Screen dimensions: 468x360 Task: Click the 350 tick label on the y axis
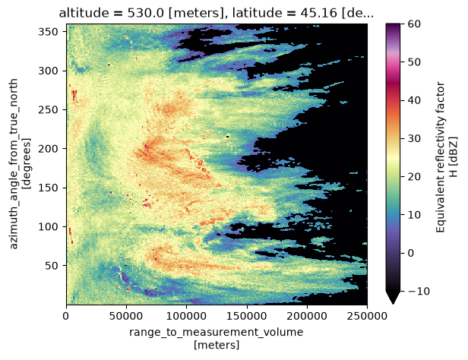pyautogui.click(x=48, y=32)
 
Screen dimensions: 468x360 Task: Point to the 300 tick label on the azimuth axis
pyautogui.click(x=48, y=71)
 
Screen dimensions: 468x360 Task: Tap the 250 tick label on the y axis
pyautogui.click(x=48, y=110)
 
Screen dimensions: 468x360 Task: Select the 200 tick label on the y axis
pyautogui.click(x=48, y=149)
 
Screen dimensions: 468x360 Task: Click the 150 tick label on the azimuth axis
pyautogui.click(x=48, y=188)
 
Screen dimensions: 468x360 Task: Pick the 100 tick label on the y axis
pyautogui.click(x=48, y=226)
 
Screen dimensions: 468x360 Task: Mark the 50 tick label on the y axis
pyautogui.click(x=52, y=266)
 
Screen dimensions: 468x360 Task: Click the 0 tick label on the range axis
pyautogui.click(x=66, y=315)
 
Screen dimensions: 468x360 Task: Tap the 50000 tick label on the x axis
pyautogui.click(x=127, y=315)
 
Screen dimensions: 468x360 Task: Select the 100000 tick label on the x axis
pyautogui.click(x=187, y=315)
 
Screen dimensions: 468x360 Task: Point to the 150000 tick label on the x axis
pyautogui.click(x=247, y=315)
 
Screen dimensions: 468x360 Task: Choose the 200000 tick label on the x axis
pyautogui.click(x=307, y=315)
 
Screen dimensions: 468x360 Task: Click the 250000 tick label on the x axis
pyautogui.click(x=367, y=315)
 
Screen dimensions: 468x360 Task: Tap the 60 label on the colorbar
pyautogui.click(x=414, y=24)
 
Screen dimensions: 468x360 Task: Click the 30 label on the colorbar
pyautogui.click(x=414, y=138)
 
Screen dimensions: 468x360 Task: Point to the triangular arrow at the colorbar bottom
pyautogui.click(x=393, y=298)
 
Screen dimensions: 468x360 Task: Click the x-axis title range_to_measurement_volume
pyautogui.click(x=216, y=332)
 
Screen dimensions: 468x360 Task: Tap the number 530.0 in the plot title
pyautogui.click(x=146, y=14)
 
